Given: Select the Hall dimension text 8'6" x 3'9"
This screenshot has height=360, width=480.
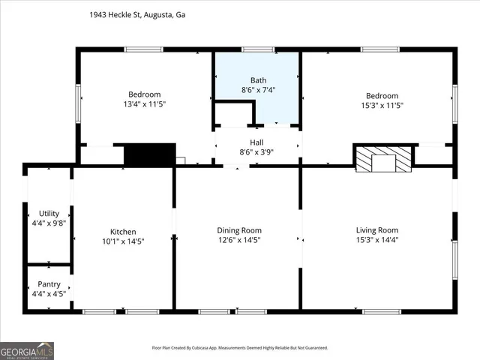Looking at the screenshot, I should (257, 152).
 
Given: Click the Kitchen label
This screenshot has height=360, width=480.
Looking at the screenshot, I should (123, 231).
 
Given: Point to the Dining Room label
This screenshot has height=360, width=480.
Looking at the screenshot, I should (239, 230).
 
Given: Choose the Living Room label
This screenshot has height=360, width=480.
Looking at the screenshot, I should (376, 230).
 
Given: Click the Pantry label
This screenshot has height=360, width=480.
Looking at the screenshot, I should (49, 284).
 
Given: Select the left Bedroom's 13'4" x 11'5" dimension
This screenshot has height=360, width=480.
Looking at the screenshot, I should (144, 104).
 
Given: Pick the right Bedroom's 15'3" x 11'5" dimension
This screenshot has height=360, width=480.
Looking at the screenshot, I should (381, 106).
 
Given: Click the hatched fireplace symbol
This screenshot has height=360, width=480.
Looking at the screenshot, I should (383, 158).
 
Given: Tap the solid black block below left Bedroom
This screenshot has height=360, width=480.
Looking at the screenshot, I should (149, 154).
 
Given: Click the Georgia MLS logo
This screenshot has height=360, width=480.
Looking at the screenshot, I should (27, 350).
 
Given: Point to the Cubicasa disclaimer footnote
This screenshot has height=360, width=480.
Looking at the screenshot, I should (240, 347).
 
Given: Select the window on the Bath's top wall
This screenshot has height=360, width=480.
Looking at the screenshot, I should (257, 49).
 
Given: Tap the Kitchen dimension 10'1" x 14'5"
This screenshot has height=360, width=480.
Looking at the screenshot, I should (123, 241).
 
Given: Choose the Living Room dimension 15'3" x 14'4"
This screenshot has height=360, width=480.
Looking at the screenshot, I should (376, 241).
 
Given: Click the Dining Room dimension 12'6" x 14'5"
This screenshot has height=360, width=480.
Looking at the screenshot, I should (239, 241).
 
